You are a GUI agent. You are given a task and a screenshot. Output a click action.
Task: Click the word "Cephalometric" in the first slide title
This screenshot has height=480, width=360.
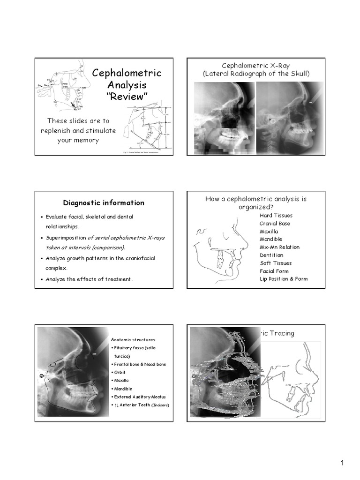point(127,73)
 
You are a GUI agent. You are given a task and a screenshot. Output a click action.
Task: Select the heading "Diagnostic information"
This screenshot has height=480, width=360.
point(104,203)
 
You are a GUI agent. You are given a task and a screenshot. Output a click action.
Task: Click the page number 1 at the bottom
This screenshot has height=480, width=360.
point(342,463)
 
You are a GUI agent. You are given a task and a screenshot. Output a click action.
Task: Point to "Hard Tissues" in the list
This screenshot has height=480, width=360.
point(276,216)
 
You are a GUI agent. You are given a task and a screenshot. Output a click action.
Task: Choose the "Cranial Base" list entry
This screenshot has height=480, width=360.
point(275,224)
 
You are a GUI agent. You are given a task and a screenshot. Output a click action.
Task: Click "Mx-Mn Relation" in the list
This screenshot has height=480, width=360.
point(279,247)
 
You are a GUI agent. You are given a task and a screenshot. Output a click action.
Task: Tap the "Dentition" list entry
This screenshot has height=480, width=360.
point(271,255)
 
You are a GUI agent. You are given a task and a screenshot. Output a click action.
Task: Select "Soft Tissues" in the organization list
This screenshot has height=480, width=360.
point(276,263)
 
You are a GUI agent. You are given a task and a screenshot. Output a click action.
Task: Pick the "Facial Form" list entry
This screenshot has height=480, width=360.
point(274,271)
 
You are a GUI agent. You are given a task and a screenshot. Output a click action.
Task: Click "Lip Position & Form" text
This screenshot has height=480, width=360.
point(284,279)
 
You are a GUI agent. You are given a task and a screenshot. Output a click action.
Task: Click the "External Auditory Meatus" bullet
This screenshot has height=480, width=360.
point(138,397)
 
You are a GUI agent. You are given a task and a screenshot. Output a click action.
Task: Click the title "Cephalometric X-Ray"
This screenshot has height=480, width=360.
point(256,66)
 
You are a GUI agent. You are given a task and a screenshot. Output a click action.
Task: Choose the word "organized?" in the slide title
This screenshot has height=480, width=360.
point(256,207)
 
